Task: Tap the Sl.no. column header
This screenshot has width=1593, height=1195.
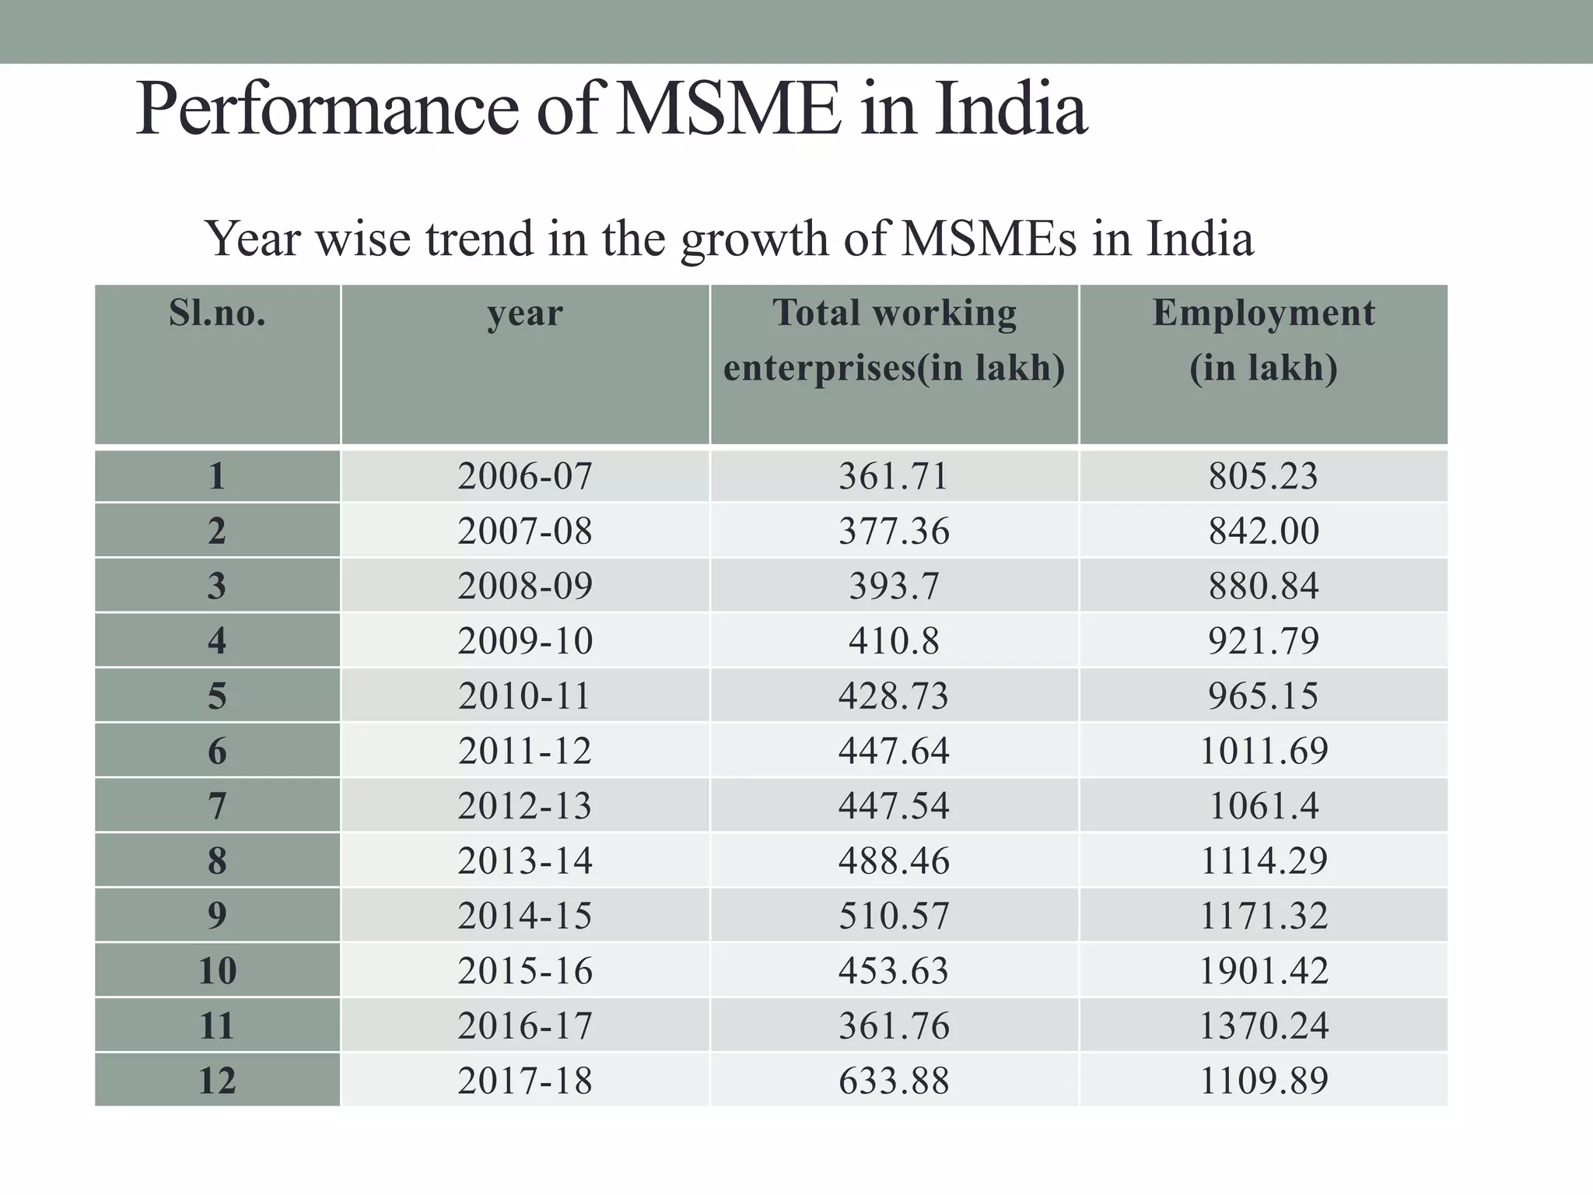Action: click(x=217, y=313)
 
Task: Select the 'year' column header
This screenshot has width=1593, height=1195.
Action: click(x=525, y=313)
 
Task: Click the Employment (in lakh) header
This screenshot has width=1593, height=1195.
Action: click(x=1263, y=340)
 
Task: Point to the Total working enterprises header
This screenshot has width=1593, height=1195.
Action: click(x=894, y=340)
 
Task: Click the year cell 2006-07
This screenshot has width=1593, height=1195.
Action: click(x=525, y=475)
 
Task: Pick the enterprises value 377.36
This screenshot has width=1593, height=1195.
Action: click(x=894, y=531)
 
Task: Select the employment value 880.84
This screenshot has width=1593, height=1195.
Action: click(x=1263, y=586)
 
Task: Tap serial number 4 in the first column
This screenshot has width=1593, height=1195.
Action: click(x=217, y=641)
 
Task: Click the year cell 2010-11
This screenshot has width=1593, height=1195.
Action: click(x=525, y=696)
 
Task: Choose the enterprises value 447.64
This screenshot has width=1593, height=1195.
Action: click(x=894, y=751)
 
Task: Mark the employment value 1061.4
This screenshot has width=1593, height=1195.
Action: click(x=1263, y=806)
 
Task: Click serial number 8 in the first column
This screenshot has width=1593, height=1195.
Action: click(x=217, y=860)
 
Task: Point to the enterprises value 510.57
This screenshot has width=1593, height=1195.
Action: click(x=894, y=916)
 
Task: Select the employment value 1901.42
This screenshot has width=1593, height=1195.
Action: click(x=1263, y=971)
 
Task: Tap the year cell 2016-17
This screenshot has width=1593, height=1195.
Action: click(x=525, y=1025)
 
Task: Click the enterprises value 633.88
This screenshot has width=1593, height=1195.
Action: click(x=894, y=1081)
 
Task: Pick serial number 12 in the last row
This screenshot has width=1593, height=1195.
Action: click(x=217, y=1081)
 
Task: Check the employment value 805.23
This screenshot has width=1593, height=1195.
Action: click(x=1263, y=475)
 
